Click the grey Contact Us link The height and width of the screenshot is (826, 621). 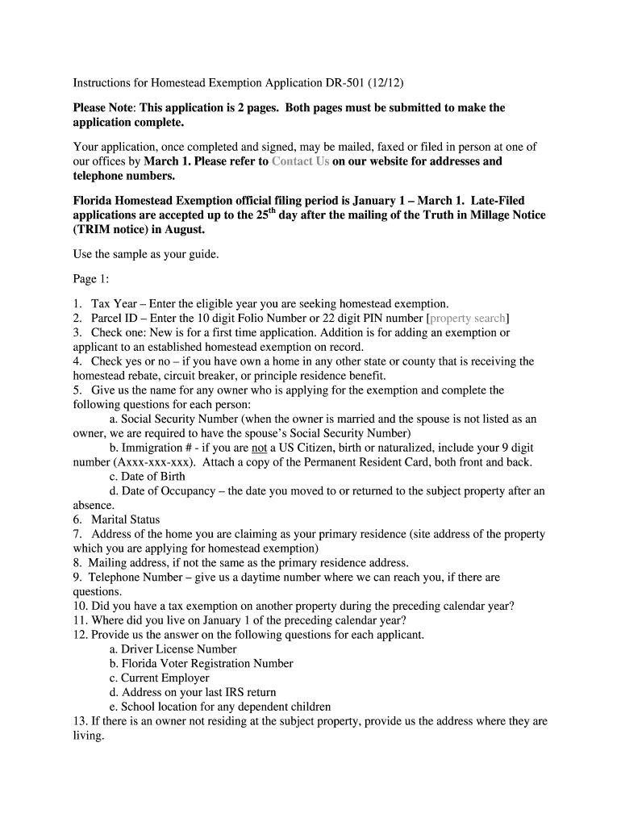[x=300, y=161]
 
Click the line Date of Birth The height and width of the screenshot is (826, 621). [x=152, y=477]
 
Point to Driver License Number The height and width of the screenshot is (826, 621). [x=178, y=649]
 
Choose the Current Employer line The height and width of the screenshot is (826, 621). [x=165, y=678]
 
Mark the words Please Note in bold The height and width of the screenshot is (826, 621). [x=103, y=108]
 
